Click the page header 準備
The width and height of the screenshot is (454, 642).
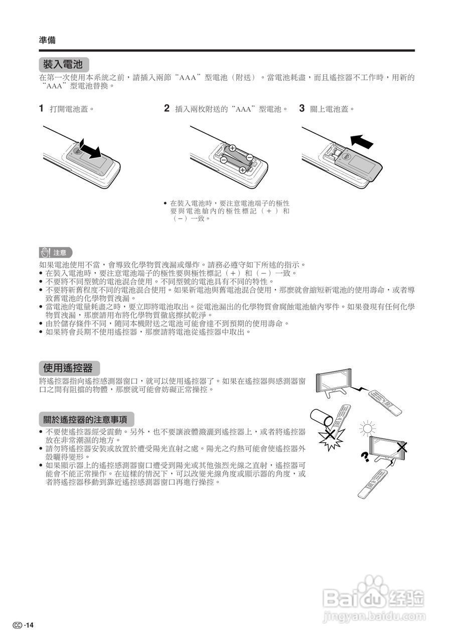47,40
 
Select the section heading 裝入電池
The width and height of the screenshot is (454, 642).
64,65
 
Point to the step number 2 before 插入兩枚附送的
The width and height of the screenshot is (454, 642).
167,108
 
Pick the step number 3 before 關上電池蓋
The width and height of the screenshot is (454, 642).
302,108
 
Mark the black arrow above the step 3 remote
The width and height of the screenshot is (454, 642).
362,141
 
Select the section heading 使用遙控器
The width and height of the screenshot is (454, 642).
69,368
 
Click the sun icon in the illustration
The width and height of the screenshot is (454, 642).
368,428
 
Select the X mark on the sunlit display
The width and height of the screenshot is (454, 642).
401,447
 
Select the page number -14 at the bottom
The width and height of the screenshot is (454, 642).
29,625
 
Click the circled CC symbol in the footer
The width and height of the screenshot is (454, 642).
18,625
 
